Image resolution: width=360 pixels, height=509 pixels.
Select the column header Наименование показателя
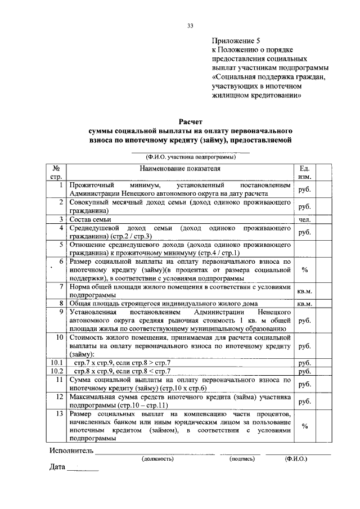[181, 168]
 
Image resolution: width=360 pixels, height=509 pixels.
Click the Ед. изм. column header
[304, 172]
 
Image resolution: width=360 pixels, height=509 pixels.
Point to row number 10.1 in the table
[55, 363]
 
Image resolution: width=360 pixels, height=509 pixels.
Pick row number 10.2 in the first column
[55, 371]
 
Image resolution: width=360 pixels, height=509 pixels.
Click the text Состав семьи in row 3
[91, 219]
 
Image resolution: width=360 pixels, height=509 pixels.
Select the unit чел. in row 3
[304, 219]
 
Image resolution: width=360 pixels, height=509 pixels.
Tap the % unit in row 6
[304, 270]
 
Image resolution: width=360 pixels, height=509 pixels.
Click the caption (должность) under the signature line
[157, 459]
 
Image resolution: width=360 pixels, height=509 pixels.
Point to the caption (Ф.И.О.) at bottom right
[296, 459]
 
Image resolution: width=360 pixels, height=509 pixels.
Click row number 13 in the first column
[58, 413]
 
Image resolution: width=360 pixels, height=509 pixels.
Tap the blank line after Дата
[82, 469]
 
